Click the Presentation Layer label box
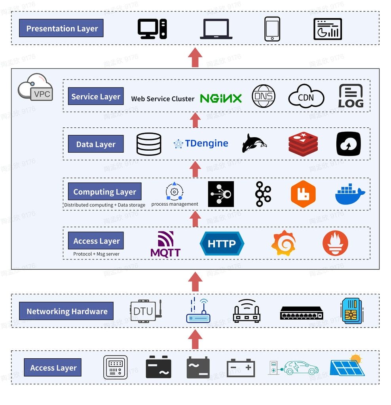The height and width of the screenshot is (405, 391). pos(61,28)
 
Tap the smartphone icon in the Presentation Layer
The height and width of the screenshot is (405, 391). pos(272,29)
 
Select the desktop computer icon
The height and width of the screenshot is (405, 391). pos(152,29)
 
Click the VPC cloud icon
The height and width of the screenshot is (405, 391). pos(35,87)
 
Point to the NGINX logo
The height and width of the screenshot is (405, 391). pos(220,98)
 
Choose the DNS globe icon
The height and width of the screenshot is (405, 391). pos(264,96)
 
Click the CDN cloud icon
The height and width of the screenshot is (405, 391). pos(306,97)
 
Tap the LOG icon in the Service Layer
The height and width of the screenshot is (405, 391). pos(351,96)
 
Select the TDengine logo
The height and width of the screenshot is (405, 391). pos(201,144)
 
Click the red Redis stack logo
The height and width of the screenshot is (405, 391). pos(303,144)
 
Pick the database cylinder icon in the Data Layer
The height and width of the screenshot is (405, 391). pos(149,144)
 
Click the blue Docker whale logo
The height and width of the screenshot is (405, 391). pos(350,194)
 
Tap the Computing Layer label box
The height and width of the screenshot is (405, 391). pos(104,192)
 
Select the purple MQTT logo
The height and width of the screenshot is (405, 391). pos(165,244)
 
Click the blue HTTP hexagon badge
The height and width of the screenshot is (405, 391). pos(222,244)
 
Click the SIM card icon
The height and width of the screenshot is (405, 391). pos(351,311)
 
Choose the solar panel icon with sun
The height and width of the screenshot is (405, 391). pos(347,365)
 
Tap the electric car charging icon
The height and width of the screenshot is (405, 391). pos(293,367)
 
